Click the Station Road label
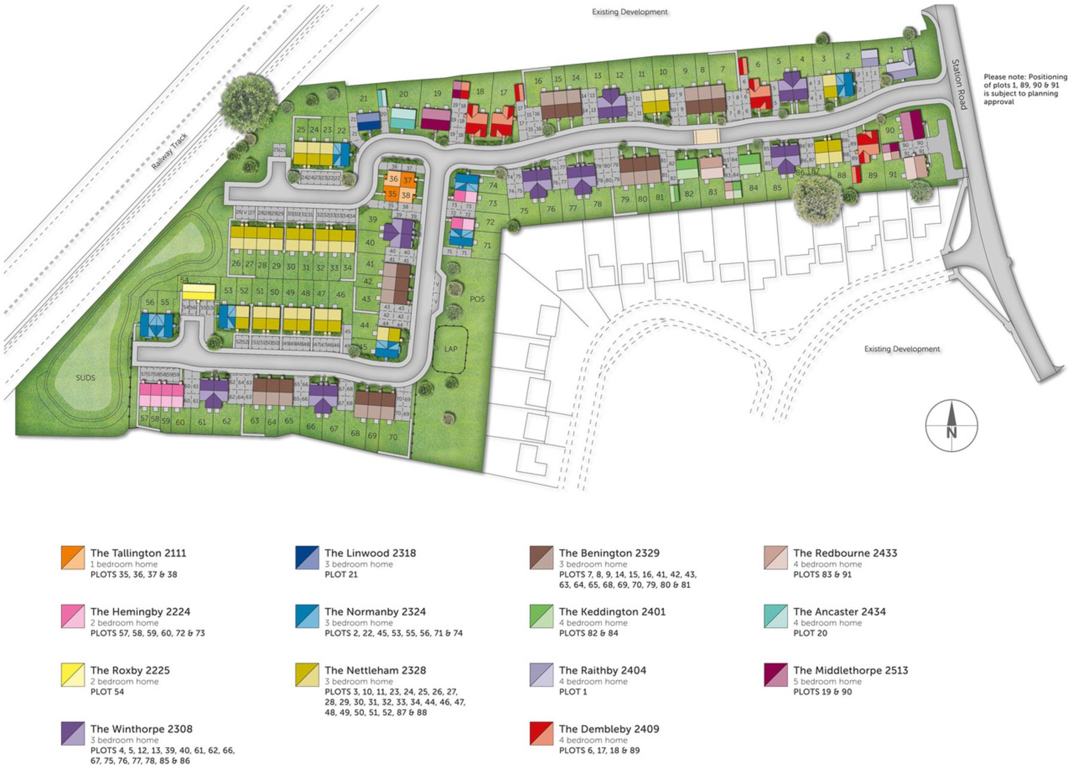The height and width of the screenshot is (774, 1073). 959,84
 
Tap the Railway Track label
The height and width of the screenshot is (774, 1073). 170,151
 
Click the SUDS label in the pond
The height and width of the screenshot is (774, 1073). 85,377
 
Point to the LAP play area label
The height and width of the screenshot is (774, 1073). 451,349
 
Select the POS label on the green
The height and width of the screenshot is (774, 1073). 477,299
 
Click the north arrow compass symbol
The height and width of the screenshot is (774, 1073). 951,425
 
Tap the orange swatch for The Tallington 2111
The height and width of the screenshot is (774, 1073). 73,558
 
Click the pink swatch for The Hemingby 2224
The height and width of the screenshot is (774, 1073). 73,616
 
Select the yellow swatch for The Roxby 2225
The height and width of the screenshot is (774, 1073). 73,675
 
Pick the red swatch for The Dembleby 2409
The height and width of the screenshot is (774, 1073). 541,733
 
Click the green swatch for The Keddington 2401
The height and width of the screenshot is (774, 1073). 541,616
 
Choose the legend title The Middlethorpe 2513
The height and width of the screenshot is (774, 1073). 850,670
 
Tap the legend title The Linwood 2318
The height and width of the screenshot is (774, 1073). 370,553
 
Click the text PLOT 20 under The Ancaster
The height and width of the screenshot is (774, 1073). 810,633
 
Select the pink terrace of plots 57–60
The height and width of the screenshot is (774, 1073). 161,395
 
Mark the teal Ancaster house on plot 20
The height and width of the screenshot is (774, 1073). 402,118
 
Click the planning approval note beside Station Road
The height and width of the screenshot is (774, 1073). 1025,89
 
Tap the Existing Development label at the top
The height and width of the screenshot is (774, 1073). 629,12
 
